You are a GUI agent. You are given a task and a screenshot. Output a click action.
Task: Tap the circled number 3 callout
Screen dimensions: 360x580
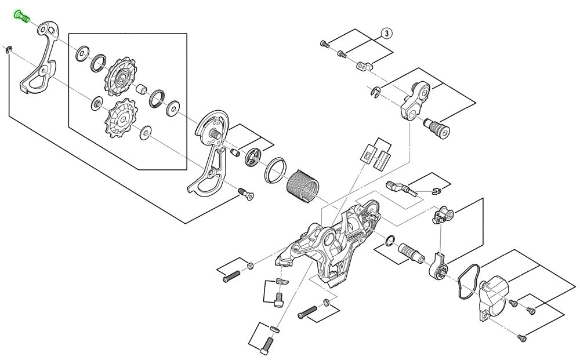click(x=386, y=34)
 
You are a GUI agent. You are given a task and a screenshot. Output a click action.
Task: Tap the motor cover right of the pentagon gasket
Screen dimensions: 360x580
click(x=493, y=296)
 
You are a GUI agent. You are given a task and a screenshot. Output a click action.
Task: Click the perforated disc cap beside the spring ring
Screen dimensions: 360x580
click(x=253, y=158)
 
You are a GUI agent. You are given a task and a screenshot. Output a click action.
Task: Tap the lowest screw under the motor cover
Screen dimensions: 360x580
click(x=520, y=335)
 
